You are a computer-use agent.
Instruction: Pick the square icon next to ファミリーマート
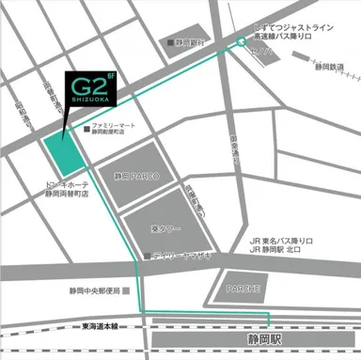click(86, 125)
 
